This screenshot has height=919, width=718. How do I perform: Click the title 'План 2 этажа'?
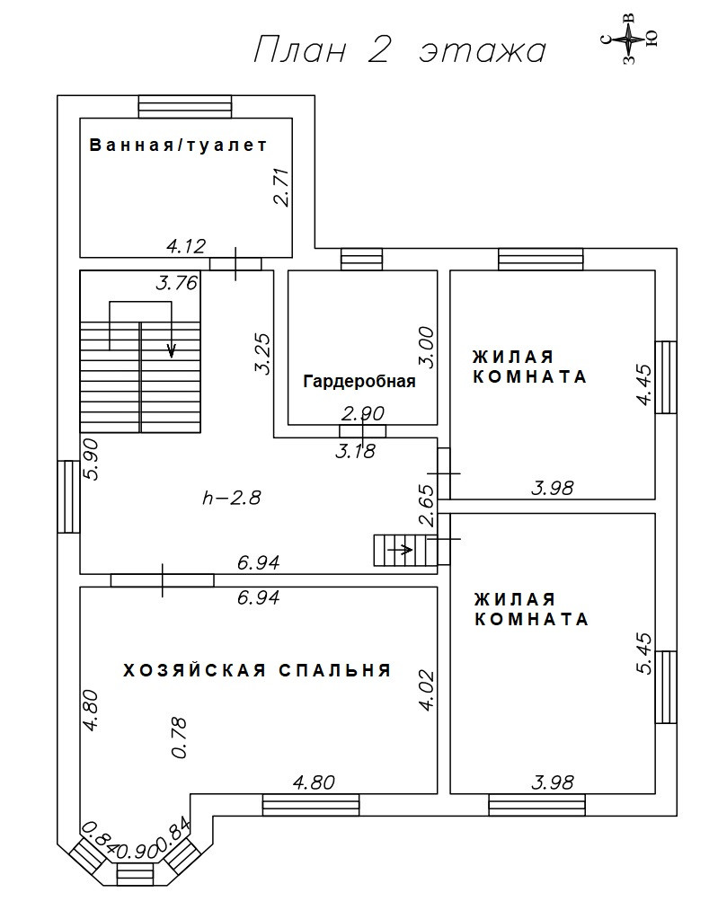click(x=400, y=49)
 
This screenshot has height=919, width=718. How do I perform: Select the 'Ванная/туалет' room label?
click(x=178, y=145)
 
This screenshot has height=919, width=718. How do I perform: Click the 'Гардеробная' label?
click(x=359, y=382)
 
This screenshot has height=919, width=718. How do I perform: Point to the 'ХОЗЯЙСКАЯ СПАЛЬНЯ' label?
click(x=257, y=670)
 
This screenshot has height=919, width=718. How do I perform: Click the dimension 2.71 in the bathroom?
click(x=281, y=187)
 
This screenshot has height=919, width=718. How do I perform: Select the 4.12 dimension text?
click(x=186, y=245)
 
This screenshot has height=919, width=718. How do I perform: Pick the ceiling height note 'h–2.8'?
click(x=232, y=498)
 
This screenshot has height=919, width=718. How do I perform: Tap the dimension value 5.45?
click(x=643, y=653)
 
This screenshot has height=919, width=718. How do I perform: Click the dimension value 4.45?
click(x=643, y=384)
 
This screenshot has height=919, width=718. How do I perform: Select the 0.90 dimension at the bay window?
click(x=135, y=851)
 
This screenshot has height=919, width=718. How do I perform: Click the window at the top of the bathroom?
click(x=184, y=107)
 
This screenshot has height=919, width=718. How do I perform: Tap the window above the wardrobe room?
click(x=361, y=259)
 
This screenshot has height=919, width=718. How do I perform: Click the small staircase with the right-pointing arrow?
click(x=405, y=550)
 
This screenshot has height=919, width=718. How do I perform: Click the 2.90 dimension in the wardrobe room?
click(x=363, y=414)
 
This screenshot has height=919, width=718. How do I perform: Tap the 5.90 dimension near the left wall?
click(x=91, y=460)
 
